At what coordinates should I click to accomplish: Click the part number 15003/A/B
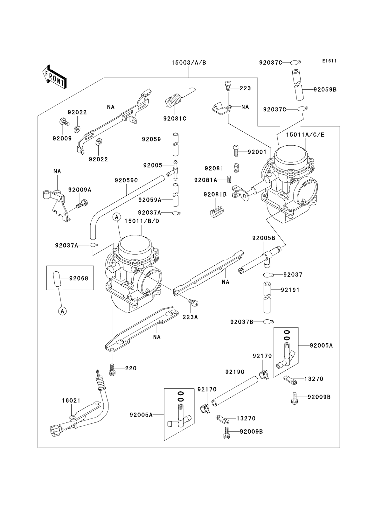pyautogui.click(x=189, y=63)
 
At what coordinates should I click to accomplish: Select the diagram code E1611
pyautogui.click(x=329, y=61)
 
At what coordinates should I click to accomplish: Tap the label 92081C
pyautogui.click(x=175, y=119)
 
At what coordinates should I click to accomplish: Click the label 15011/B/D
pyautogui.click(x=142, y=221)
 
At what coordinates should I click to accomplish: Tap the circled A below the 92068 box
pyautogui.click(x=63, y=310)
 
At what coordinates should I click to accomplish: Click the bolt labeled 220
pyautogui.click(x=112, y=369)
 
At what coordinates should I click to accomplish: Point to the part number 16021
pyautogui.click(x=71, y=401)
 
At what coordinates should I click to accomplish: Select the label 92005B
pyautogui.click(x=264, y=238)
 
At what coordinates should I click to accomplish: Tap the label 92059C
pyautogui.click(x=126, y=180)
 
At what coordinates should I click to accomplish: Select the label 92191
pyautogui.click(x=290, y=290)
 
